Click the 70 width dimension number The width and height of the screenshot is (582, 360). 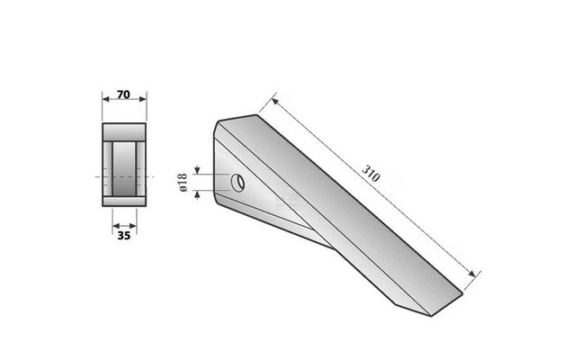(x=123, y=94)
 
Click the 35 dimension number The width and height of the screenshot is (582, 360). (x=124, y=236)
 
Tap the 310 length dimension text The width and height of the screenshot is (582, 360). (x=371, y=174)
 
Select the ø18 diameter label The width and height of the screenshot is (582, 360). (x=184, y=183)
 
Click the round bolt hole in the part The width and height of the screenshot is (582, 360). (x=237, y=183)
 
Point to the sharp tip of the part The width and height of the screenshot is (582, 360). (x=431, y=316)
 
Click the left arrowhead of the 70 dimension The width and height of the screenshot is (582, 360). (x=106, y=99)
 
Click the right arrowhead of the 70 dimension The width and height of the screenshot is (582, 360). (x=143, y=99)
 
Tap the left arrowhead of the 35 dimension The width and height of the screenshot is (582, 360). (x=116, y=226)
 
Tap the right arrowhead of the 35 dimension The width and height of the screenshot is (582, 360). (x=133, y=226)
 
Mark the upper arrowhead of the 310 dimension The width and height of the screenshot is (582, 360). (x=274, y=101)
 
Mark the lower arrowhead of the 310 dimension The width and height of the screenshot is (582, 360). (x=471, y=274)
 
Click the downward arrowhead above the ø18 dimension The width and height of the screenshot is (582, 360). (x=197, y=170)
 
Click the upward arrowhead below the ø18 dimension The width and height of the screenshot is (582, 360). (x=197, y=193)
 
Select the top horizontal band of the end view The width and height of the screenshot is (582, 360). (x=124, y=132)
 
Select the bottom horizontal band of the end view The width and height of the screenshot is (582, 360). (x=124, y=202)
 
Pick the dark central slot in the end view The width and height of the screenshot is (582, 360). (x=124, y=169)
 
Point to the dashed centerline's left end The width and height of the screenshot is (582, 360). (x=95, y=176)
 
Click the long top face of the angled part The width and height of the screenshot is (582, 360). (x=342, y=208)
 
